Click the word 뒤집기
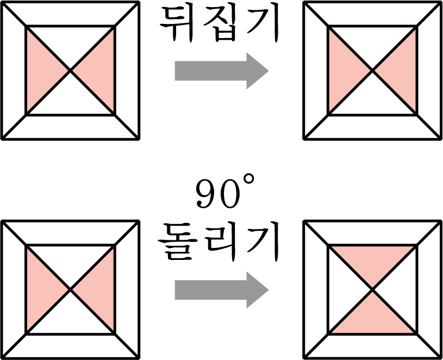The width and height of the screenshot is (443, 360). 219,24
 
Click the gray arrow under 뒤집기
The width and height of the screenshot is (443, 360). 222,71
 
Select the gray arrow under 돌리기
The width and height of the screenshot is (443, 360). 222,290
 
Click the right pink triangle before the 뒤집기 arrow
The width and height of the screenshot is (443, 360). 101,71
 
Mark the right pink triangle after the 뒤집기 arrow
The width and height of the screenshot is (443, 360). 403,71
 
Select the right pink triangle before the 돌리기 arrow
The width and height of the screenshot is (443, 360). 101,290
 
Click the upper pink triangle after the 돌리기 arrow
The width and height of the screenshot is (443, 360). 373,260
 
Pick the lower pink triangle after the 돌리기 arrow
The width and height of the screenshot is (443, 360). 373,319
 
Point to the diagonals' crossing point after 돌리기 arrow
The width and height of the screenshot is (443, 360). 373,290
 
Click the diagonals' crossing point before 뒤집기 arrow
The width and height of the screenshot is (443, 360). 71,71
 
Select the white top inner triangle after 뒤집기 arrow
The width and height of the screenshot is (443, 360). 373,41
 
